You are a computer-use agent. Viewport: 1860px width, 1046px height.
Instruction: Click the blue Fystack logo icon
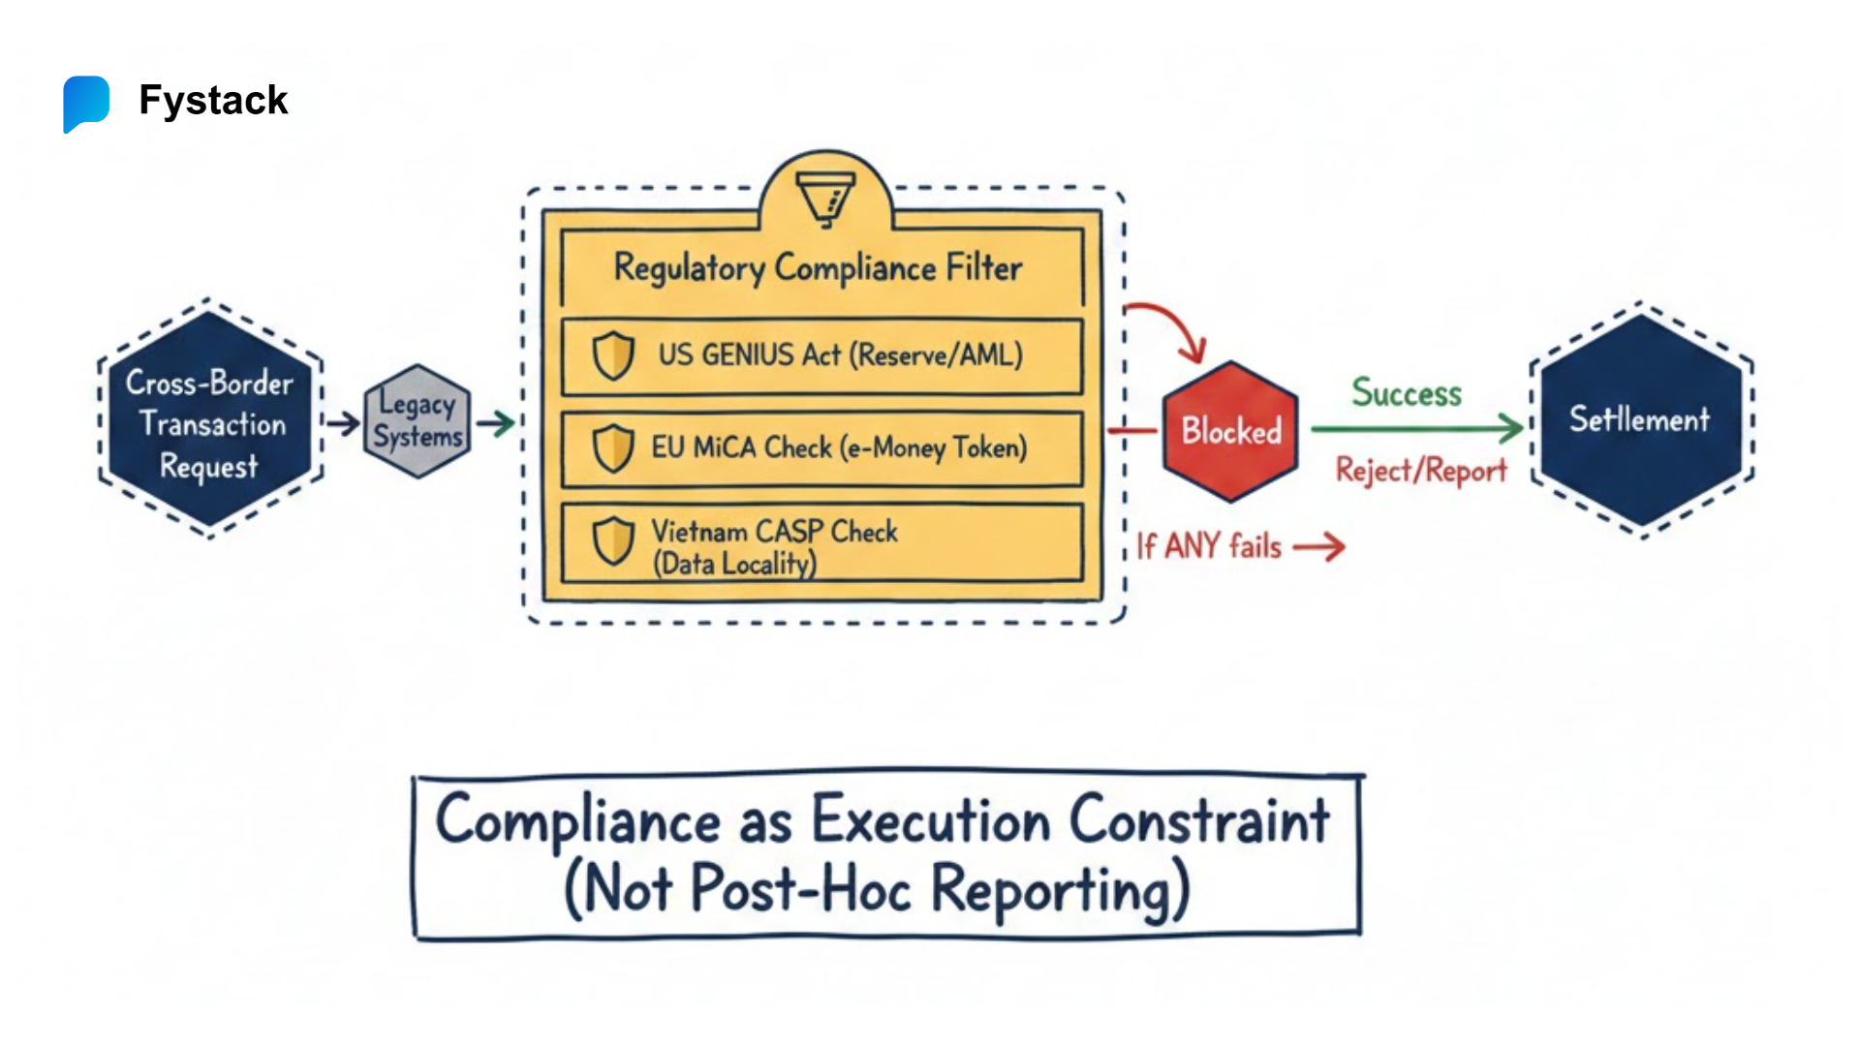pyautogui.click(x=86, y=103)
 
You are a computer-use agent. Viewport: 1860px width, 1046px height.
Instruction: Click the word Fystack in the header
pyautogui.click(x=213, y=101)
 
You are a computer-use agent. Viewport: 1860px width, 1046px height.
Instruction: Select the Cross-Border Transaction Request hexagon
pyautogui.click(x=210, y=423)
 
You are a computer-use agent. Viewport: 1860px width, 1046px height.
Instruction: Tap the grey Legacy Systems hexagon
pyautogui.click(x=418, y=421)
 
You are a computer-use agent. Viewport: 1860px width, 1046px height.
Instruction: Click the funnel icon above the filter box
pyautogui.click(x=825, y=198)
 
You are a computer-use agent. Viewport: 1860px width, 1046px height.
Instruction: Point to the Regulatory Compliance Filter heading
pyautogui.click(x=819, y=268)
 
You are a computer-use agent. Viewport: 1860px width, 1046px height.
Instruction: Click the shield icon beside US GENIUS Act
pyautogui.click(x=613, y=355)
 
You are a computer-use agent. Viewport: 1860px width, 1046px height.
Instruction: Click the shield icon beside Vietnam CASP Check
pyautogui.click(x=613, y=540)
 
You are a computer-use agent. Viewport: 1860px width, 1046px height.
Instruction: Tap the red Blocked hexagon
pyautogui.click(x=1230, y=431)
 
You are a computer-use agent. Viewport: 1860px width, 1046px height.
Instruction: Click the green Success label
pyautogui.click(x=1407, y=393)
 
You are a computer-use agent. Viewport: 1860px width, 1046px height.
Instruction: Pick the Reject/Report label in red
pyautogui.click(x=1420, y=471)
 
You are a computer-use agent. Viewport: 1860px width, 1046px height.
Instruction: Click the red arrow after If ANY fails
pyautogui.click(x=1319, y=547)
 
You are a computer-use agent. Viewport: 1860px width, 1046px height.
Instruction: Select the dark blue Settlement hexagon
pyautogui.click(x=1640, y=420)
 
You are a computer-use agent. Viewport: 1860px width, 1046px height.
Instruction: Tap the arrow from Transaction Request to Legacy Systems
pyautogui.click(x=343, y=423)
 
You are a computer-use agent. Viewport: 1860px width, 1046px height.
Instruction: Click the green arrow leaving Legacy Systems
pyautogui.click(x=496, y=423)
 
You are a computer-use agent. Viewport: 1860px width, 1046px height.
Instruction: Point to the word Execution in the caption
pyautogui.click(x=930, y=820)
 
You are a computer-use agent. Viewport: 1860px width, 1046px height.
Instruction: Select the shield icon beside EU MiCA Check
pyautogui.click(x=613, y=448)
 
